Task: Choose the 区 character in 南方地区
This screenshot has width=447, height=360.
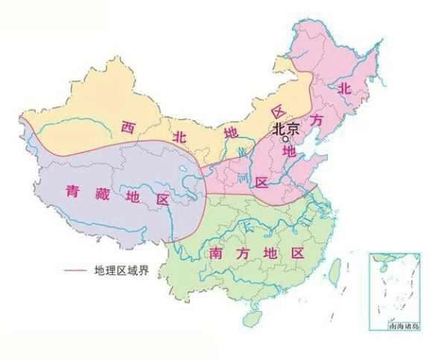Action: coord(298,252)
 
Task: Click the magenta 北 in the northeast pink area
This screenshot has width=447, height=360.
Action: coord(343,88)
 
